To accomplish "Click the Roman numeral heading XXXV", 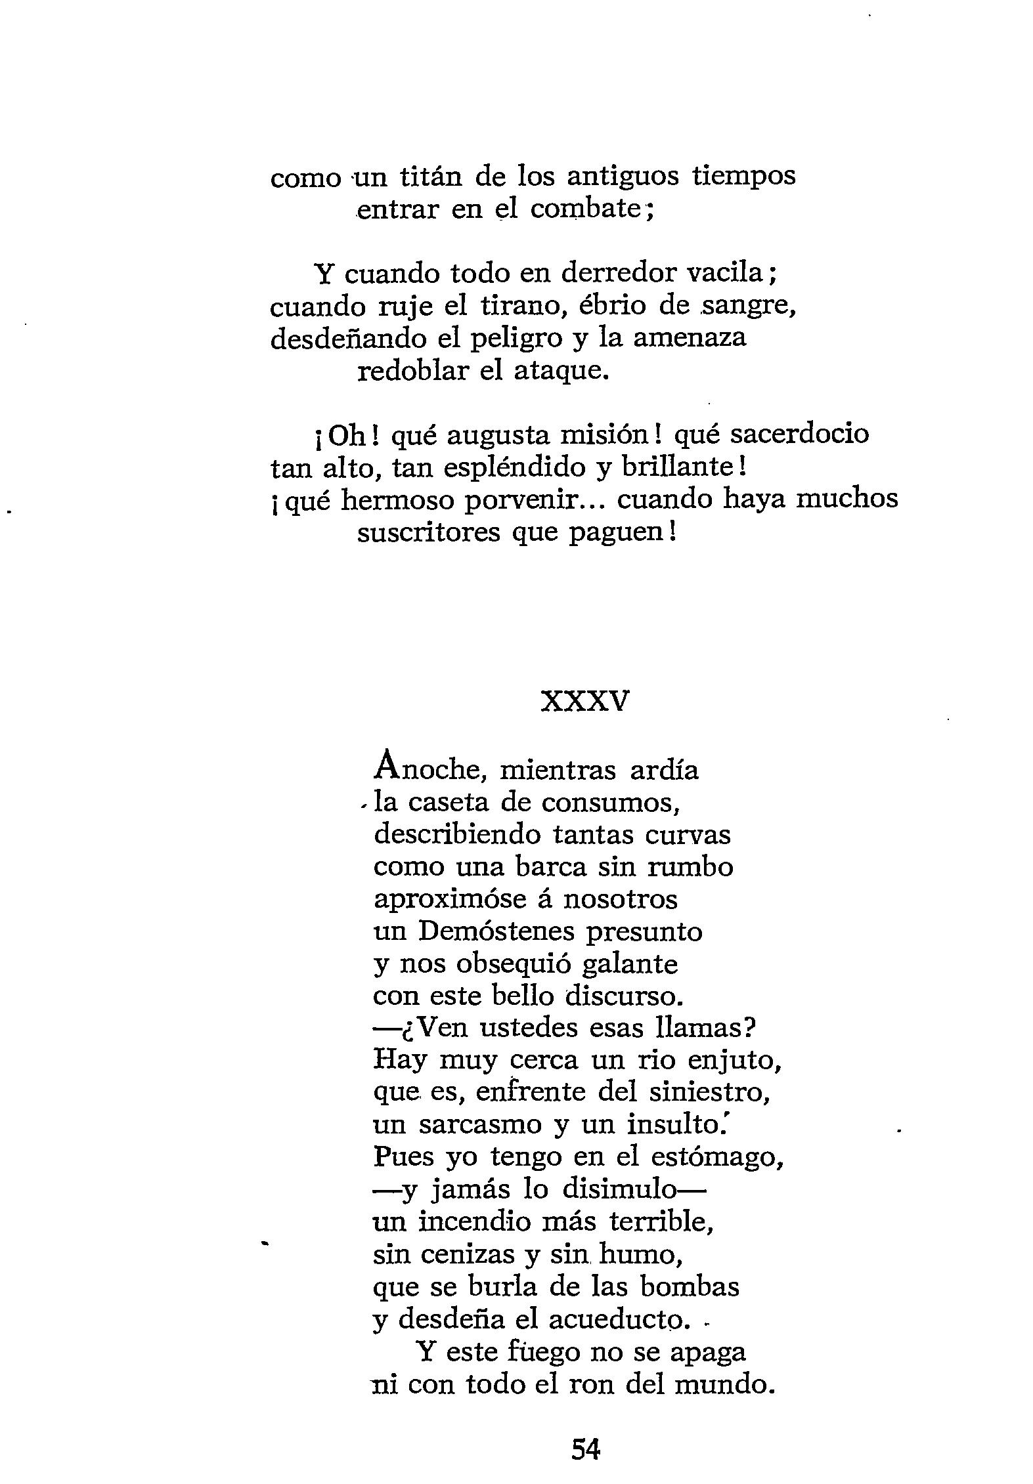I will pos(584,703).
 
